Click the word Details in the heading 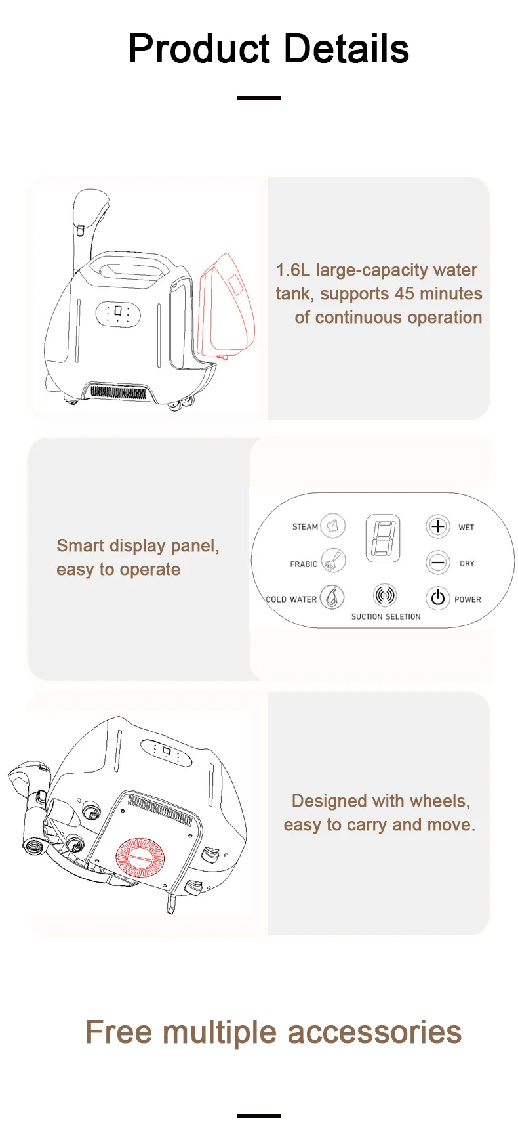(x=346, y=49)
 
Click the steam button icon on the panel (x=333, y=526)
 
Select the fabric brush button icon (x=333, y=561)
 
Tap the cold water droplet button (x=332, y=597)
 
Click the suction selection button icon (x=386, y=595)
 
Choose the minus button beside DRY (x=438, y=562)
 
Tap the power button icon (x=438, y=597)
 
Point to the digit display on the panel (x=383, y=538)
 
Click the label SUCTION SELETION (x=386, y=617)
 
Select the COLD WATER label (x=291, y=599)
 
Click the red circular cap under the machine (x=140, y=858)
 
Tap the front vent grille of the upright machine (x=118, y=392)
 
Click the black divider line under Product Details (x=259, y=98)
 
